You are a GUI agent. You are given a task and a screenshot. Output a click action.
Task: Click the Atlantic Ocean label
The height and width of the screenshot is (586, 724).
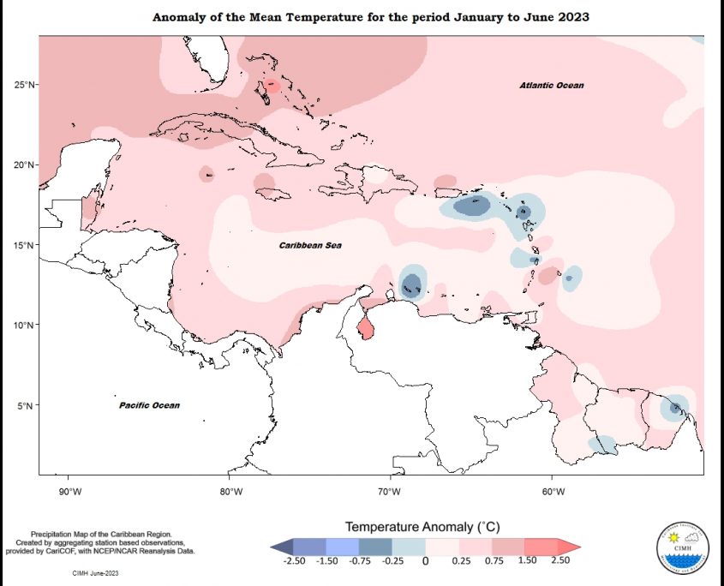point(552,86)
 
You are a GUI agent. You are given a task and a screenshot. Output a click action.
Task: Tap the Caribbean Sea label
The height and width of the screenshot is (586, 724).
point(310,246)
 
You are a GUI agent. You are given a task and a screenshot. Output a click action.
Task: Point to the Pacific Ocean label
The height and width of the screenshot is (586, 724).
point(149,405)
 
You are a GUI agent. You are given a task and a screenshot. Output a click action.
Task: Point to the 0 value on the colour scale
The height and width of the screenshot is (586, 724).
point(425,560)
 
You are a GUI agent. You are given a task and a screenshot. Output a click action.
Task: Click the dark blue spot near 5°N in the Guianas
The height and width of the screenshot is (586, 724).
point(676,407)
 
